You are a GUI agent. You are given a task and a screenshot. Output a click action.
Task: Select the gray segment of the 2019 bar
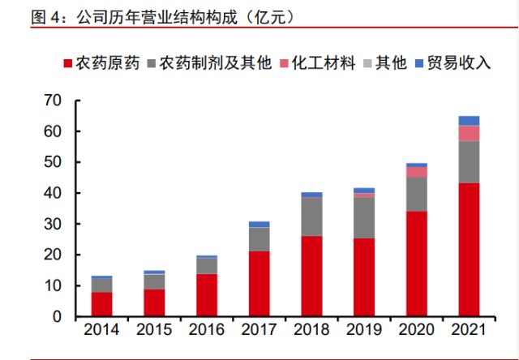click(363, 218)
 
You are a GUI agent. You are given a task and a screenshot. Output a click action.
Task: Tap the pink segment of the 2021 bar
click(468, 133)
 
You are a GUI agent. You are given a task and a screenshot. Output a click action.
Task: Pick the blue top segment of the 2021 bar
click(468, 121)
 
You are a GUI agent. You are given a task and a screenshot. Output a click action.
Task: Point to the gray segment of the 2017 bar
click(259, 239)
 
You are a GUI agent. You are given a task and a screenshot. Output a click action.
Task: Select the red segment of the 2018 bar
click(311, 276)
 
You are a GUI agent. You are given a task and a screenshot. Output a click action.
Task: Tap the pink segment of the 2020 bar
click(416, 172)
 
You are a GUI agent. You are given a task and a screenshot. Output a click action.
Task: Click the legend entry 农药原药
click(106, 63)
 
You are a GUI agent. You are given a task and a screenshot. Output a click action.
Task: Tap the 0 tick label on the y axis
click(56, 317)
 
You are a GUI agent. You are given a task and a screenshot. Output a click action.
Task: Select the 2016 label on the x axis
click(206, 331)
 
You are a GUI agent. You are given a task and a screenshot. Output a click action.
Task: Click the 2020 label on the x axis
click(416, 331)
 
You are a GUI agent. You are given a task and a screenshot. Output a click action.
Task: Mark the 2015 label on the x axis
click(154, 331)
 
